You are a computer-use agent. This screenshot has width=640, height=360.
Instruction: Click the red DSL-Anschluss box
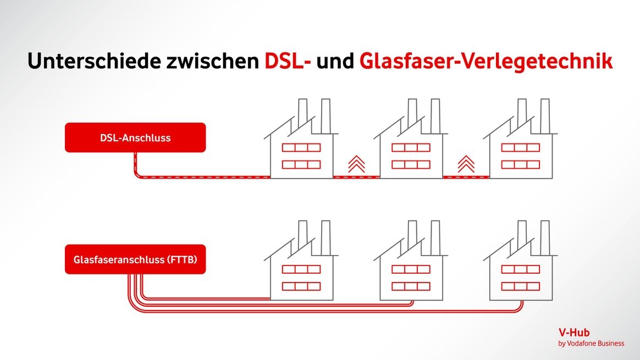[135, 137]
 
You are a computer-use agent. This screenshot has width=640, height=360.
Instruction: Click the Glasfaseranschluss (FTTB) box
[135, 259]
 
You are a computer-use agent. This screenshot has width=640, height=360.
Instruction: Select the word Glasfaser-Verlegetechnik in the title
[485, 61]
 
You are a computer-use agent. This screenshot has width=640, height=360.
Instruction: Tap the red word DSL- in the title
[288, 61]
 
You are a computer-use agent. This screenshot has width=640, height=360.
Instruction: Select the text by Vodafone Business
[591, 344]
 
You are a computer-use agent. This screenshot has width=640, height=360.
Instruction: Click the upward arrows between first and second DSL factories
[356, 163]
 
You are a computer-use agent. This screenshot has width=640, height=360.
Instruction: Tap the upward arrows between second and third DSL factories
[466, 163]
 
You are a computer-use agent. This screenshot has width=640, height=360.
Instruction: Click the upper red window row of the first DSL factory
[301, 147]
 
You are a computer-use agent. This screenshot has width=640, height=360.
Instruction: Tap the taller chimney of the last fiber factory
[544, 236]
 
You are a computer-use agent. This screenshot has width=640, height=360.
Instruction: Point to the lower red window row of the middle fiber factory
[411, 286]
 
